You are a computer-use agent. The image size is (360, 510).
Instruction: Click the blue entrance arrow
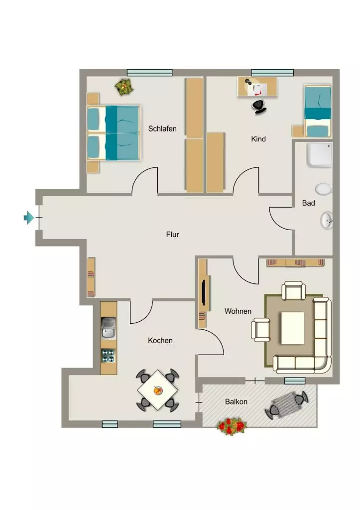[x=29, y=218]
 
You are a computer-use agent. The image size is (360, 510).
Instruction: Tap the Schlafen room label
[x=162, y=128]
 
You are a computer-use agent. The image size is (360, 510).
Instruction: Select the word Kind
[x=258, y=139]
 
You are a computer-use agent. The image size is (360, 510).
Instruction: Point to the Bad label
[x=308, y=203]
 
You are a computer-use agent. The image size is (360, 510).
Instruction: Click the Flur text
[x=172, y=235]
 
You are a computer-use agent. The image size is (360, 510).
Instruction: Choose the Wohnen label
[x=238, y=311]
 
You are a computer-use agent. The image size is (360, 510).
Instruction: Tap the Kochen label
[x=160, y=341]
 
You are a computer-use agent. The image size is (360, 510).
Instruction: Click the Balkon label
[x=236, y=402]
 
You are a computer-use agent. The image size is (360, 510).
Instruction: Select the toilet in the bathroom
[x=323, y=189]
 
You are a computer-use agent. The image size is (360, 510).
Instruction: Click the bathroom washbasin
[x=326, y=221]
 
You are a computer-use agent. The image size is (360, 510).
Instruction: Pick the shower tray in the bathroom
[x=319, y=155]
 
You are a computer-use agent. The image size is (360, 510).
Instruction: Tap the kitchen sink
[x=108, y=328]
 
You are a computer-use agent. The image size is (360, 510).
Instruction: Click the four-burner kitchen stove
[x=108, y=356]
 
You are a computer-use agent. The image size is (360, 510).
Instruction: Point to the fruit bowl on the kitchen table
[x=158, y=390]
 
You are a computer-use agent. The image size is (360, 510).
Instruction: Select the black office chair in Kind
[x=259, y=107]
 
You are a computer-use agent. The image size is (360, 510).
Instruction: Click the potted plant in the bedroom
[x=124, y=87]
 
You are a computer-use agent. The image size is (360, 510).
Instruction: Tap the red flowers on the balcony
[x=231, y=426]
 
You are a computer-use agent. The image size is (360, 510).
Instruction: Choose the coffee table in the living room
[x=293, y=328]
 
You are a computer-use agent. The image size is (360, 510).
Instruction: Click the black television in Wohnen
[x=203, y=290]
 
